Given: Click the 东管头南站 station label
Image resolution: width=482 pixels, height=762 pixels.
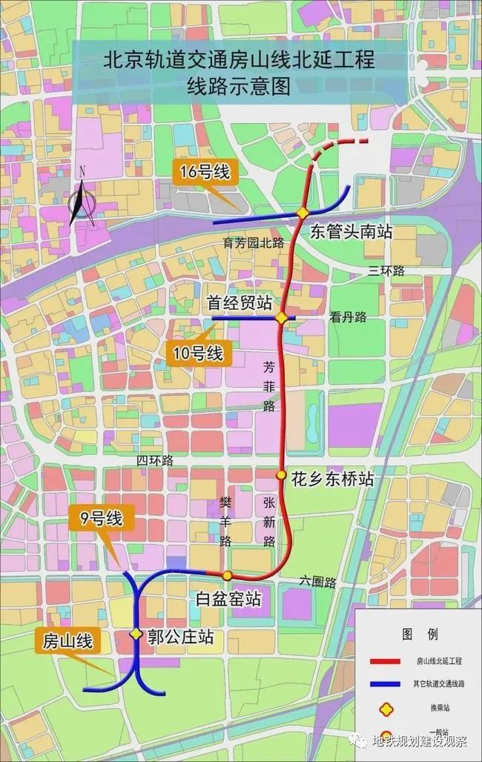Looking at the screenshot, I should pos(351,231).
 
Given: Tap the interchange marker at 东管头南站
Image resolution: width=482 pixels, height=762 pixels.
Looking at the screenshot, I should pos(303,213).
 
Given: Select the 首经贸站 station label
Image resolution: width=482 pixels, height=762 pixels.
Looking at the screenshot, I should pos(239,303).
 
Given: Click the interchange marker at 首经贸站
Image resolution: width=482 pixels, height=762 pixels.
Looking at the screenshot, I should pos(282,318).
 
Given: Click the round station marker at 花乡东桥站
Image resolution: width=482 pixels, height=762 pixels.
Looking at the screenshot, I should pos(281,474).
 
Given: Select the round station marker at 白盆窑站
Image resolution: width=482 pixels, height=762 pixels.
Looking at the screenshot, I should pos(228,575).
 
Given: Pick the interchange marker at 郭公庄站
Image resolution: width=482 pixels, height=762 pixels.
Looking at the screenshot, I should pos(136,634).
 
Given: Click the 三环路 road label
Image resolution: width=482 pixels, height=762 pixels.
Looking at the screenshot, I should pos(386,271).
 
